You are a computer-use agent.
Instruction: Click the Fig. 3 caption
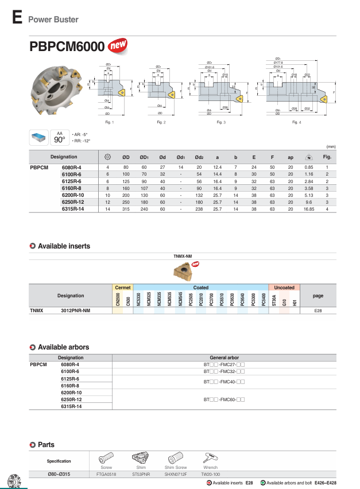[x=221, y=122]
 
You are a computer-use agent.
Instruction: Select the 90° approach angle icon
[x=59, y=138]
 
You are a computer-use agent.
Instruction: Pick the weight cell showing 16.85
[x=308, y=209]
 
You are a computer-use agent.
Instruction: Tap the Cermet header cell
[x=123, y=287]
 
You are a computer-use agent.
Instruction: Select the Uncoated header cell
[x=284, y=287]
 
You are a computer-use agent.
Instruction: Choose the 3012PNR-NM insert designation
[x=75, y=310]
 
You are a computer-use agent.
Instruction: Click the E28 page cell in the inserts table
[x=318, y=310]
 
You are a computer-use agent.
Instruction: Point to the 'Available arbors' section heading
[x=63, y=347]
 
